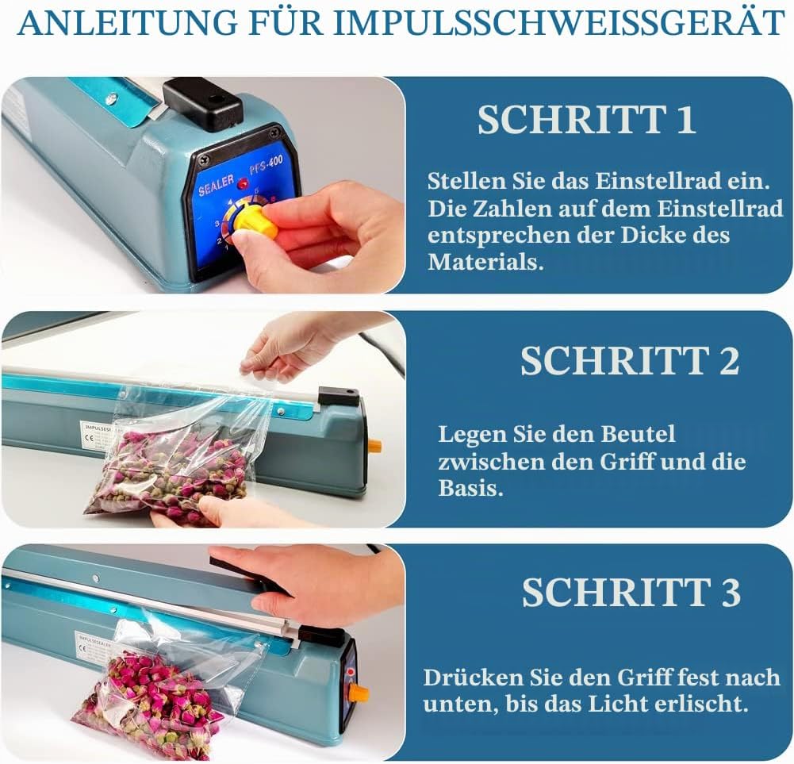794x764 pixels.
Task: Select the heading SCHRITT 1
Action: point(586,120)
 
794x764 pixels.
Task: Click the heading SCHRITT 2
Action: point(630,360)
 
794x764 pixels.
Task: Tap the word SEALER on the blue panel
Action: point(217,186)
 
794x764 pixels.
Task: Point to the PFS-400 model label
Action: point(266,166)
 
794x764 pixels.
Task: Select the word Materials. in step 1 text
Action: point(485,262)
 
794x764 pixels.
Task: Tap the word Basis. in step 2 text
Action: point(470,488)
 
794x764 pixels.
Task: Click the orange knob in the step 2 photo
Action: point(374,446)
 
